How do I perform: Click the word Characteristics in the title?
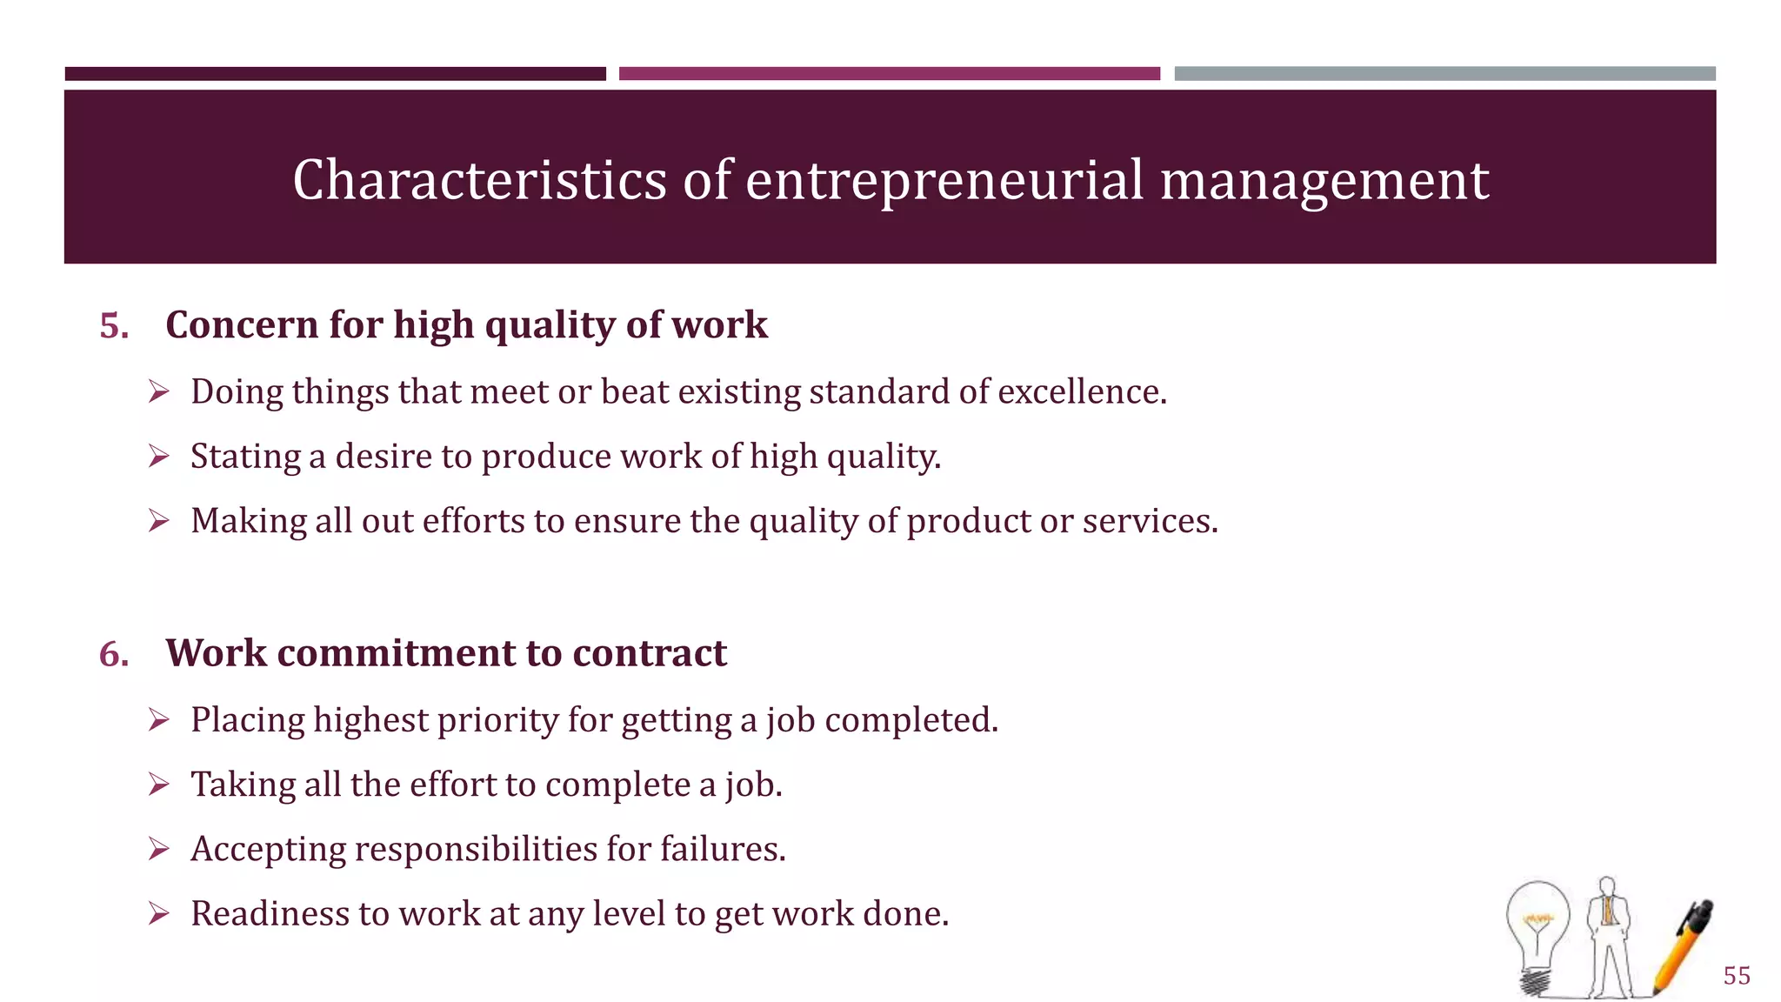(x=479, y=180)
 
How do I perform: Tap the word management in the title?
(x=1324, y=180)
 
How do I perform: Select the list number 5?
(x=113, y=326)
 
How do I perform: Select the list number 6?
(x=113, y=654)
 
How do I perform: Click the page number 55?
(x=1736, y=976)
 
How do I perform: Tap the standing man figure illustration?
(x=1609, y=935)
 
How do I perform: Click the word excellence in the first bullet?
(x=1081, y=392)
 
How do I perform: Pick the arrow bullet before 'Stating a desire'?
(x=158, y=456)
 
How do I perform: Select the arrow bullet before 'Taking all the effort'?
(x=158, y=785)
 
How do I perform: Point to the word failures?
(x=722, y=849)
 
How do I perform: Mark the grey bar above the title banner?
(x=1444, y=74)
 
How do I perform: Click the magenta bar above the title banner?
(x=889, y=74)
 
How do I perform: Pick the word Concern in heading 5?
(x=242, y=325)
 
